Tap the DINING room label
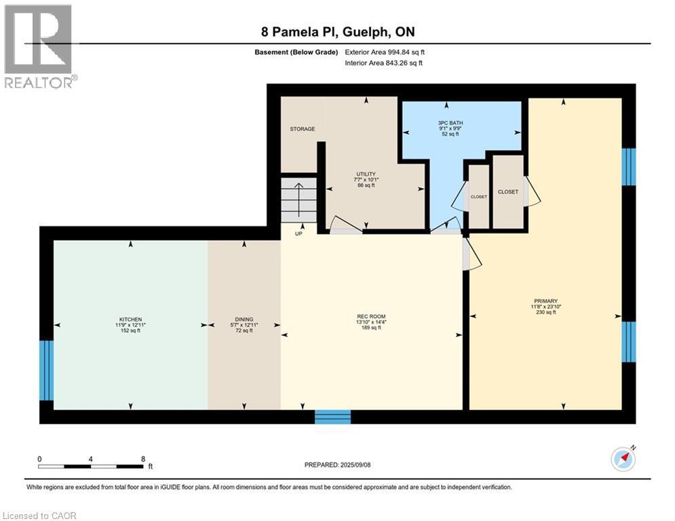click(244, 320)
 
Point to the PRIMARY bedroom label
click(545, 301)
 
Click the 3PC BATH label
click(450, 123)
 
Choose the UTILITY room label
click(366, 174)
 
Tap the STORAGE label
click(303, 129)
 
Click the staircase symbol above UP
click(299, 201)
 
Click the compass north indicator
click(623, 459)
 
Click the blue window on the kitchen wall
click(46, 370)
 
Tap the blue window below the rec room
click(332, 417)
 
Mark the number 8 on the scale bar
click(143, 459)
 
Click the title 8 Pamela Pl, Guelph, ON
click(338, 32)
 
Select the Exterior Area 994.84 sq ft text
click(385, 52)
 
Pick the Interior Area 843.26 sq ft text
click(385, 63)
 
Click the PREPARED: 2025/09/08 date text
click(338, 465)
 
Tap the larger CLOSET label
click(507, 192)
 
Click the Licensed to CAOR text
click(40, 516)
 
